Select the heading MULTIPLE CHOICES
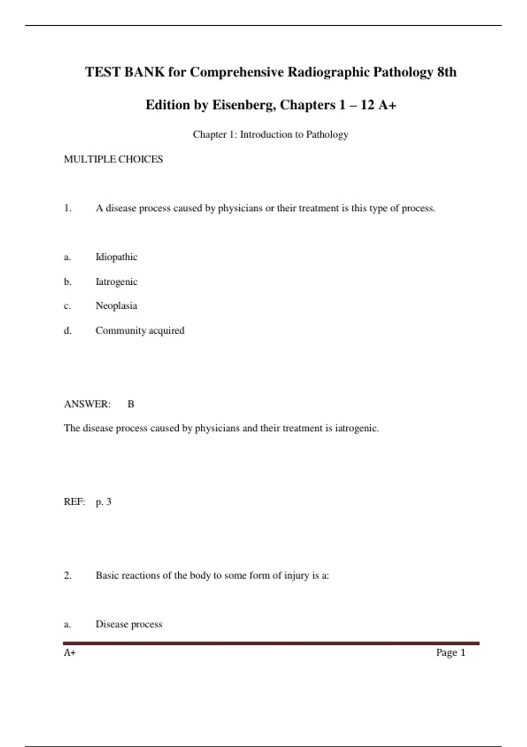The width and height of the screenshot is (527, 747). [113, 159]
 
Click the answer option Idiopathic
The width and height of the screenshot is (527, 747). [116, 257]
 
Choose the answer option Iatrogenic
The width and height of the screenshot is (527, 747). [116, 282]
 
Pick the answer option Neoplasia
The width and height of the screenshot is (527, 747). [116, 306]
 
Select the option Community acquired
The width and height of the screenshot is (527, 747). [140, 330]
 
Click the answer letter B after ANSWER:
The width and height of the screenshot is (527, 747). [131, 404]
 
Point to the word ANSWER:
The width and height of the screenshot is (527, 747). [87, 404]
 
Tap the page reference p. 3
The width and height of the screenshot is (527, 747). [103, 502]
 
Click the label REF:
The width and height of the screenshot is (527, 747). [74, 502]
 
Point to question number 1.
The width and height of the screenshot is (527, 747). [68, 208]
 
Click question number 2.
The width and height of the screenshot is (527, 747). [68, 576]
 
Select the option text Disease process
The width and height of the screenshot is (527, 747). [129, 624]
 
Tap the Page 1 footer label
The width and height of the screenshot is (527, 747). [450, 653]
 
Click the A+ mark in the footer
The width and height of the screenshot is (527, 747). [70, 653]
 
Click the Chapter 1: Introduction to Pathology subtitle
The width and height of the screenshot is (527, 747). [270, 134]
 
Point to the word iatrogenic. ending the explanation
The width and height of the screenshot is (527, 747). [357, 428]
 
